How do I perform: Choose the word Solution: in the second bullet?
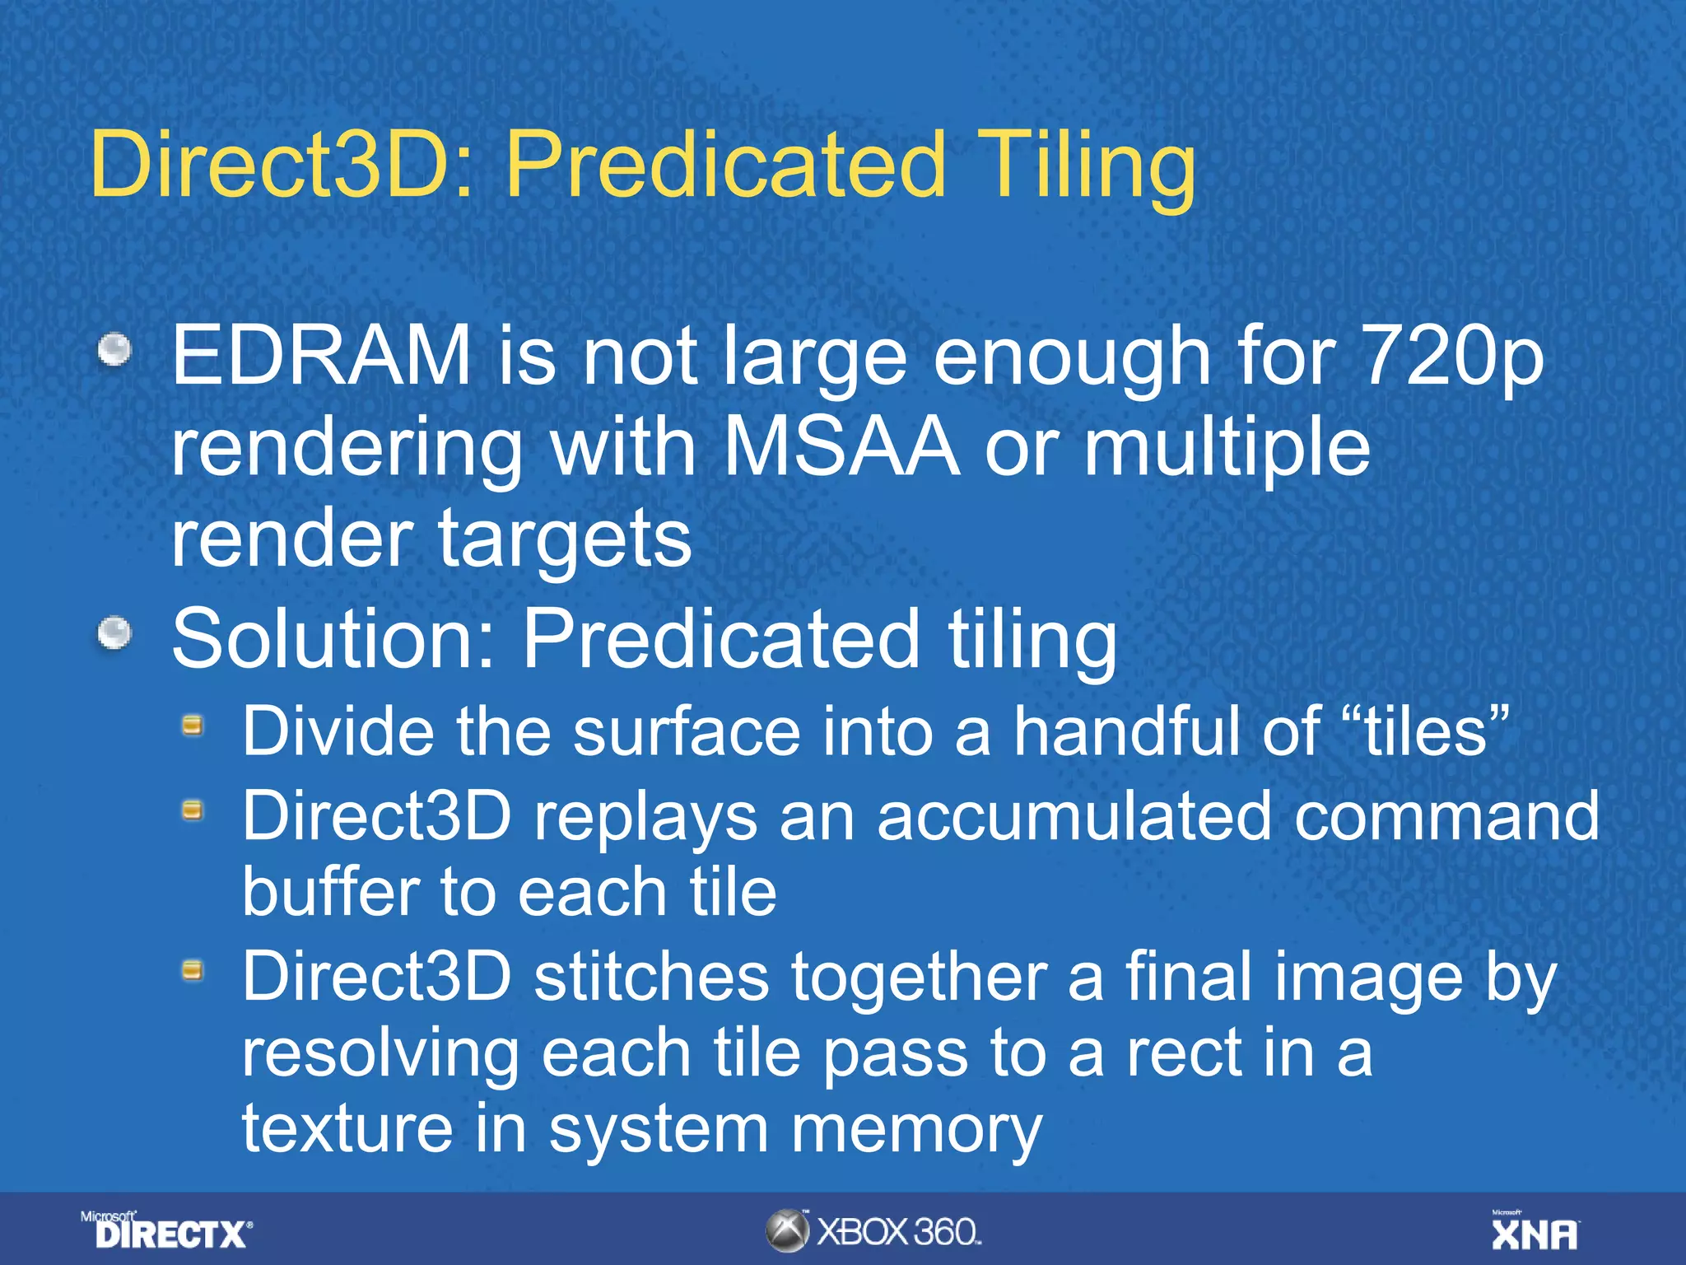point(333,639)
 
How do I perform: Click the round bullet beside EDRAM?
point(114,349)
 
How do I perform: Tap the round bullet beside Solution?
point(114,633)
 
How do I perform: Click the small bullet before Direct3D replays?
point(193,810)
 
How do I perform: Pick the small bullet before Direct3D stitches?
point(193,971)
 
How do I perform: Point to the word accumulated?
point(1074,816)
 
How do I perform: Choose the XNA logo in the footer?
point(1535,1231)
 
